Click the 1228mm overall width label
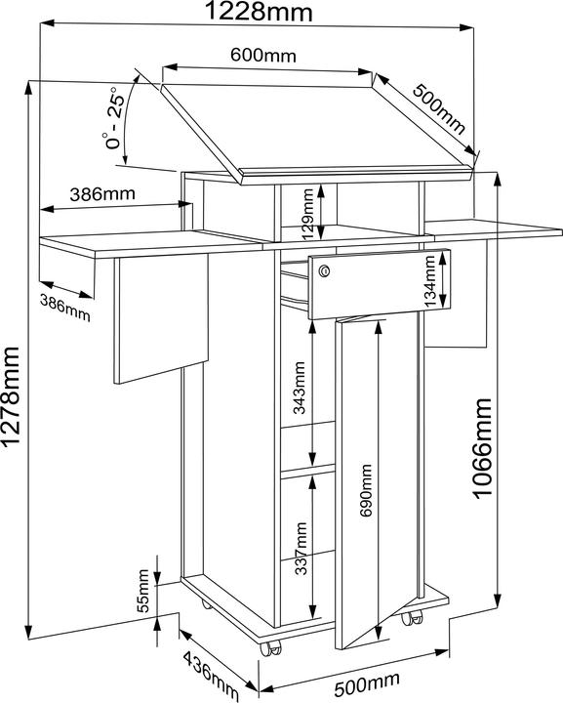pyautogui.click(x=259, y=11)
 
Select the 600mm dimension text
pyautogui.click(x=263, y=55)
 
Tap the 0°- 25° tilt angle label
pyautogui.click(x=113, y=117)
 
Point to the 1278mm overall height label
pyautogui.click(x=11, y=395)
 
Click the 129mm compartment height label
pyautogui.click(x=308, y=214)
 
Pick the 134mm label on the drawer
pyautogui.click(x=430, y=280)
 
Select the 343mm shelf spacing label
pyautogui.click(x=299, y=388)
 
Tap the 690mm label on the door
pyautogui.click(x=366, y=490)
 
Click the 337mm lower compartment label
pyautogui.click(x=302, y=549)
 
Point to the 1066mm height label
pyautogui.click(x=483, y=448)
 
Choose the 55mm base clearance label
pyautogui.click(x=142, y=591)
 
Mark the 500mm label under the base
pyautogui.click(x=367, y=682)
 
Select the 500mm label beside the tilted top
pyautogui.click(x=439, y=109)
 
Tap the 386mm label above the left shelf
pyautogui.click(x=102, y=194)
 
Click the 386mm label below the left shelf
pyautogui.click(x=65, y=308)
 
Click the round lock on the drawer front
pyautogui.click(x=325, y=270)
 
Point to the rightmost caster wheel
pyautogui.click(x=412, y=619)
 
